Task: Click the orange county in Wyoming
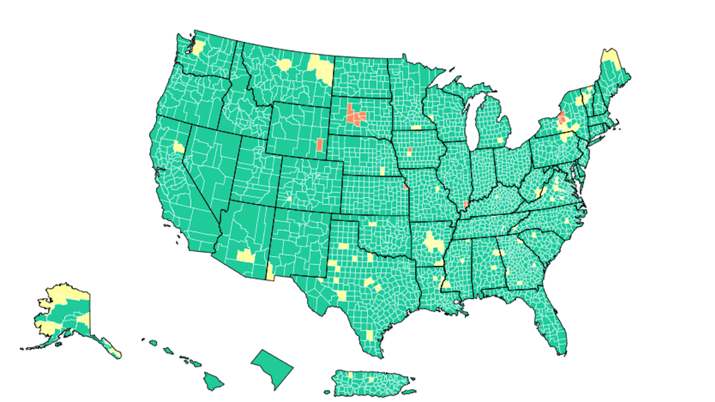pyautogui.click(x=319, y=145)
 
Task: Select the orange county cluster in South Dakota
pyautogui.click(x=356, y=115)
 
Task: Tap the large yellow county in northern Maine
pyautogui.click(x=610, y=60)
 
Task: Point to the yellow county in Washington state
pyautogui.click(x=199, y=48)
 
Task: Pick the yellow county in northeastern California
pyautogui.click(x=179, y=148)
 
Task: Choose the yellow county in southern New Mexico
pyautogui.click(x=270, y=271)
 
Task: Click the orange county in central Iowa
pyautogui.click(x=409, y=151)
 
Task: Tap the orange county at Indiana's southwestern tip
pyautogui.click(x=466, y=205)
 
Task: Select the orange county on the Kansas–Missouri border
pyautogui.click(x=406, y=186)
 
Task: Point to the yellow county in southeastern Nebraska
pyautogui.click(x=383, y=171)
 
